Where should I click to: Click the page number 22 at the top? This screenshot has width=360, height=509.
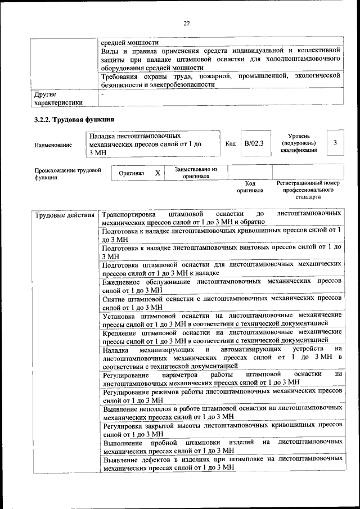[x=187, y=23]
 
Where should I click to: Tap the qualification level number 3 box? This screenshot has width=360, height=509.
[x=335, y=143]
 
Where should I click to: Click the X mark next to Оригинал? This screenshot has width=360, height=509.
[x=158, y=173]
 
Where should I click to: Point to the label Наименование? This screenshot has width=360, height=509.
[x=53, y=145]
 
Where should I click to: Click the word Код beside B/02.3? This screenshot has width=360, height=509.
[x=230, y=144]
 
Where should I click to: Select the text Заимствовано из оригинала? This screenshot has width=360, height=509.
[x=196, y=172]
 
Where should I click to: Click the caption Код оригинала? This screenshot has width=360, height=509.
[x=250, y=187]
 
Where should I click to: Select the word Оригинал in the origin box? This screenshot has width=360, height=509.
[x=132, y=174]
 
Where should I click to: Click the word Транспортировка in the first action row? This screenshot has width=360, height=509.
[x=131, y=214]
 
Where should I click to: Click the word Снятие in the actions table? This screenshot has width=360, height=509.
[x=115, y=300]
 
